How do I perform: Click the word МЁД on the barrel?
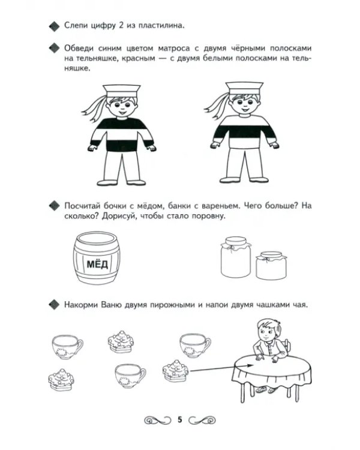(x=97, y=264)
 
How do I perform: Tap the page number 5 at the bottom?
(x=180, y=419)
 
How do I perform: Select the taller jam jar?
(x=236, y=257)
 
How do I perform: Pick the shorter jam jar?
(x=271, y=265)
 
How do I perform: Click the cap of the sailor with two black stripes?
(x=122, y=91)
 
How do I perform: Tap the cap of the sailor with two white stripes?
(x=244, y=88)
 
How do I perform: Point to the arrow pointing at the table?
(x=222, y=368)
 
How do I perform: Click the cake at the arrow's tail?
(x=175, y=371)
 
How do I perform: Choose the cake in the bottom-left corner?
(x=61, y=379)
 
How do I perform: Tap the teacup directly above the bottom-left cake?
(x=67, y=347)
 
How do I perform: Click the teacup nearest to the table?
(x=195, y=346)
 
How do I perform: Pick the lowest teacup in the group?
(x=130, y=376)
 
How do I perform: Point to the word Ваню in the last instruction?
(x=111, y=304)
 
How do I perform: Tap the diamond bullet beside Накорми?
(x=55, y=305)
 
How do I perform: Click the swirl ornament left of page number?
(x=157, y=420)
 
